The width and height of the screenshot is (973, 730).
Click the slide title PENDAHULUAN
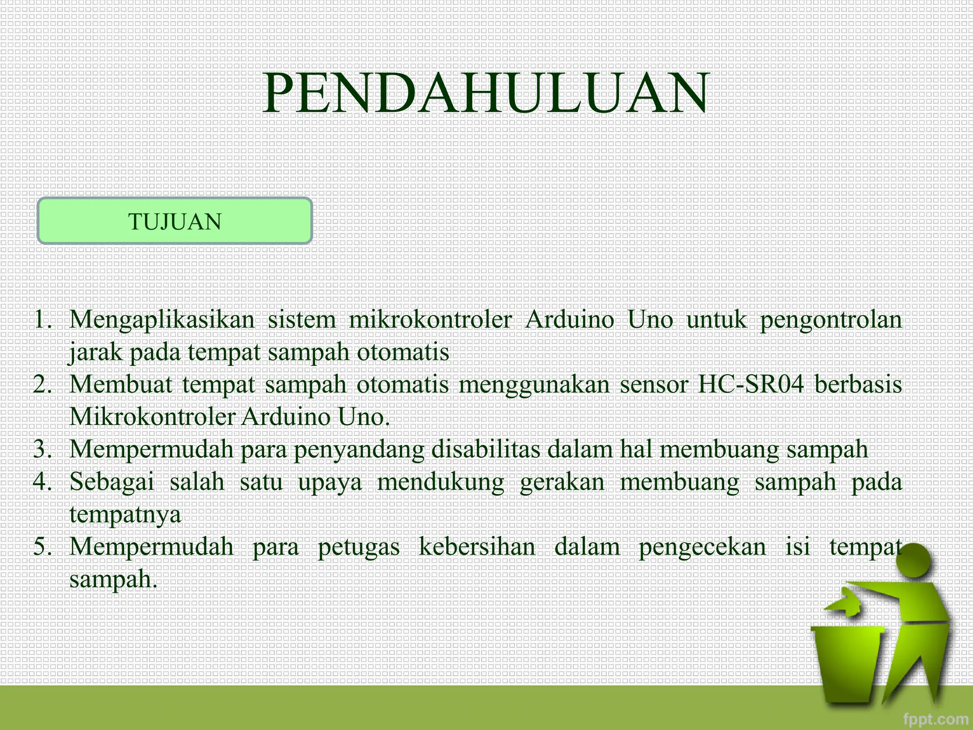tap(486, 93)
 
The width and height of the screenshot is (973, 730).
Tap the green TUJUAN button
tap(175, 221)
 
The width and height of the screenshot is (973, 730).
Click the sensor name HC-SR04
tap(751, 384)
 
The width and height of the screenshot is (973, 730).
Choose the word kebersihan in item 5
tap(477, 547)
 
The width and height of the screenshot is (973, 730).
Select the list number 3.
tap(43, 449)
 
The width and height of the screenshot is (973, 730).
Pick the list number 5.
tap(43, 547)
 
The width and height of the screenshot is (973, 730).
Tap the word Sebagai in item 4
tap(112, 482)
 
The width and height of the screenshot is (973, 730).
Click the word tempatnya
tap(125, 515)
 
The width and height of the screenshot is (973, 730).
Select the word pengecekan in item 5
tap(702, 547)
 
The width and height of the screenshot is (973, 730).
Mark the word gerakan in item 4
tap(562, 482)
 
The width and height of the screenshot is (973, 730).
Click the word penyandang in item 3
tap(359, 449)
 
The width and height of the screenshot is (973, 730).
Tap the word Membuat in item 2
tap(121, 384)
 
